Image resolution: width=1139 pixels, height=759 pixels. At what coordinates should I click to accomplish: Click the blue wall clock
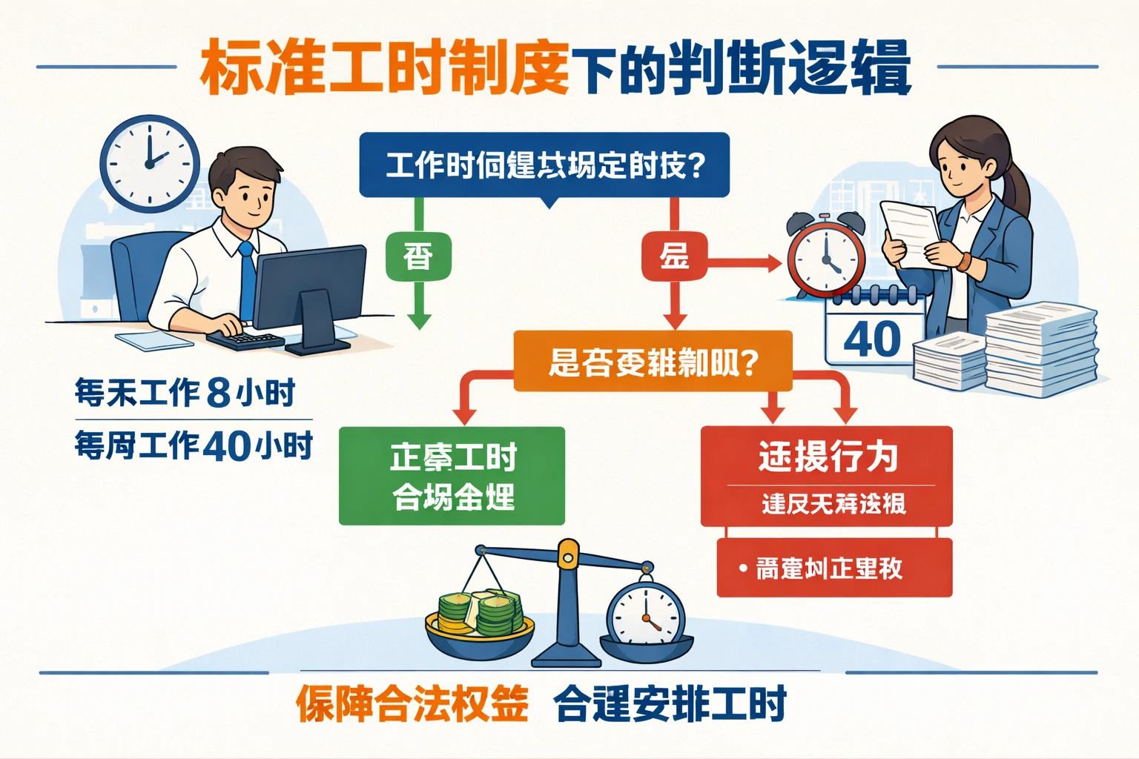pos(150,164)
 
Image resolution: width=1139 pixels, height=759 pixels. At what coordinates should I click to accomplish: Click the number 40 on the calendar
pos(872,339)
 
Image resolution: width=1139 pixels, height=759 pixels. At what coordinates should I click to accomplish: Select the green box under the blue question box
pos(418,257)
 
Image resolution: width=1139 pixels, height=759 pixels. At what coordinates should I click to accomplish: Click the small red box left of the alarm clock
pos(674,257)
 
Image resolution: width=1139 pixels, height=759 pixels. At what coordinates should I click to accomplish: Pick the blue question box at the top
pos(544,165)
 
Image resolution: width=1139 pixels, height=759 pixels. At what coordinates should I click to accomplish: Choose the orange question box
pos(653,362)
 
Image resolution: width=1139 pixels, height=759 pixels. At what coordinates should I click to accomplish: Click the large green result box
pos(452,476)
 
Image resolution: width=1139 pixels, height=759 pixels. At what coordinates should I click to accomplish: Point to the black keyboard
pos(245,339)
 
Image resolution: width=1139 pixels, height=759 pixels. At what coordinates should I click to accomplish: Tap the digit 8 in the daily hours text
pos(219,393)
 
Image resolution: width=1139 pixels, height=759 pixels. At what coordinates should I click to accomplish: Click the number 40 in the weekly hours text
pos(226,446)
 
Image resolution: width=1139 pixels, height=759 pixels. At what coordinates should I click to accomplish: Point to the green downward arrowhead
pos(419,321)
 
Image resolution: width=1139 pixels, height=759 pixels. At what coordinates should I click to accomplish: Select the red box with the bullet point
pos(833,568)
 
